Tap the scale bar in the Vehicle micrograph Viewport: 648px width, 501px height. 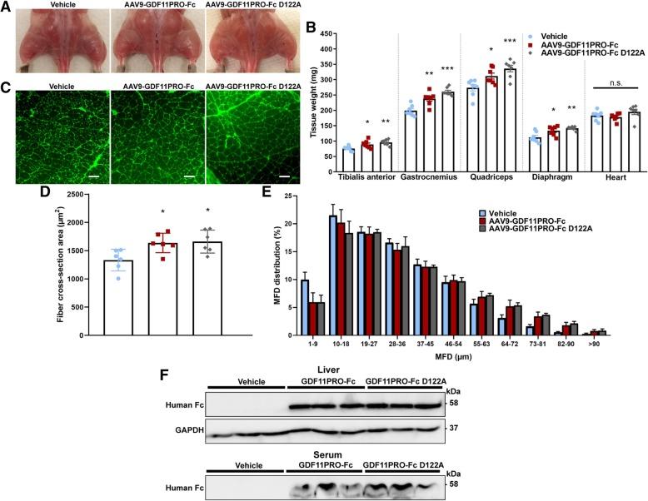(97, 176)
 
